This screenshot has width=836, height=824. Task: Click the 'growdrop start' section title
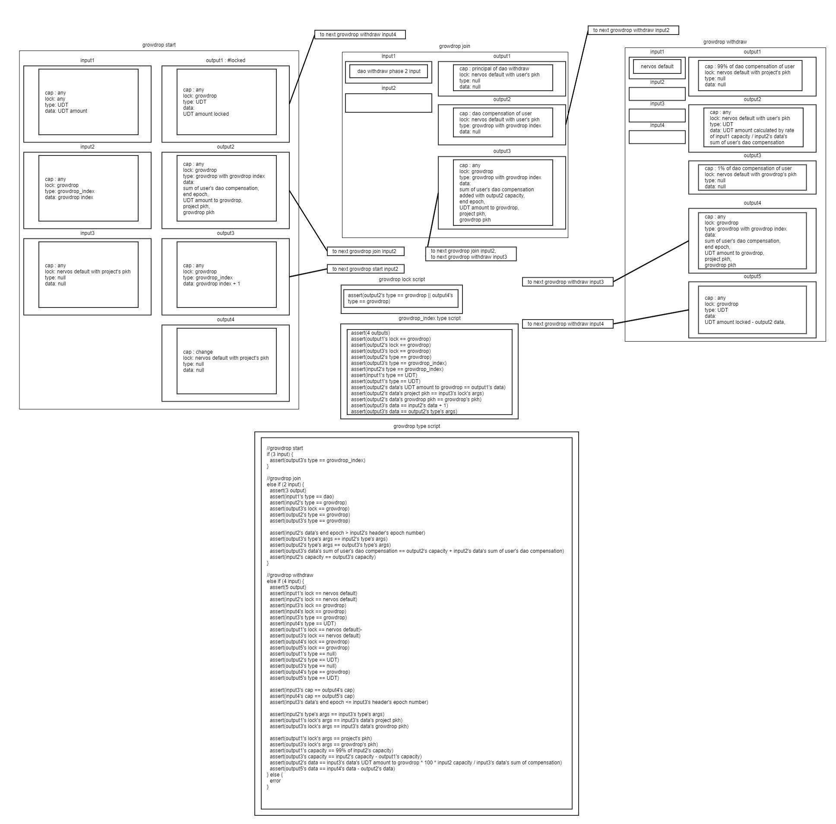pyautogui.click(x=159, y=45)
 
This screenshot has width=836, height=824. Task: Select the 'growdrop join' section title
pyautogui.click(x=454, y=46)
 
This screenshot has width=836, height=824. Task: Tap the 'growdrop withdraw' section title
pyautogui.click(x=725, y=42)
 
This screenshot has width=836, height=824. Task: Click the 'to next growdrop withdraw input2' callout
pyautogui.click(x=633, y=30)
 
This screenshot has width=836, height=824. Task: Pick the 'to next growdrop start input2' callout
pyautogui.click(x=365, y=269)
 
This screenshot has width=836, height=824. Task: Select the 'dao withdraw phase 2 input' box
pyautogui.click(x=389, y=71)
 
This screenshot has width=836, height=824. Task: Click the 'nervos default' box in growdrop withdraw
pyautogui.click(x=657, y=67)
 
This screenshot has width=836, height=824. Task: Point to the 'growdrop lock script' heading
pyautogui.click(x=402, y=279)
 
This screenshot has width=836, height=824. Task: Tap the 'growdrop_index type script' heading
pyautogui.click(x=429, y=319)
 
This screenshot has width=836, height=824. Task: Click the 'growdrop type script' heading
pyautogui.click(x=416, y=426)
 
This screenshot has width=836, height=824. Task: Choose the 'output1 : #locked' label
pyautogui.click(x=225, y=60)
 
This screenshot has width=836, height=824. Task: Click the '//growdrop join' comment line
pyautogui.click(x=283, y=479)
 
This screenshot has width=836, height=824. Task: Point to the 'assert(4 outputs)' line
pyautogui.click(x=370, y=333)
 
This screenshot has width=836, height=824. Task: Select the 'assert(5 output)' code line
pyautogui.click(x=288, y=587)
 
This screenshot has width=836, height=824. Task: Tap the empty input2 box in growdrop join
pyautogui.click(x=388, y=103)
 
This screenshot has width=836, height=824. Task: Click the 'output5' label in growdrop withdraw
pyautogui.click(x=752, y=276)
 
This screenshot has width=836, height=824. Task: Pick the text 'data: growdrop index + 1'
pyautogui.click(x=211, y=284)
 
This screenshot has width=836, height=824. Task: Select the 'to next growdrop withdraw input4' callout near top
pyautogui.click(x=360, y=35)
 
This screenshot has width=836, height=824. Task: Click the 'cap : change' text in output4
pyautogui.click(x=197, y=352)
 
